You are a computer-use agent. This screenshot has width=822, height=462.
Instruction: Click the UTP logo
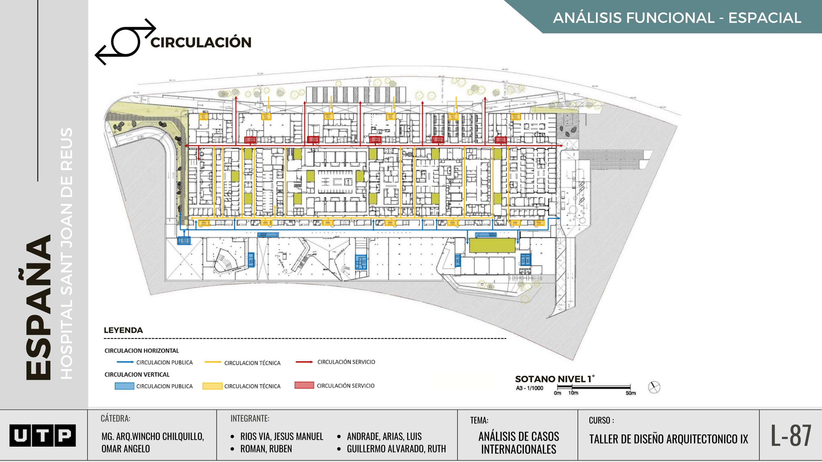(x=42, y=435)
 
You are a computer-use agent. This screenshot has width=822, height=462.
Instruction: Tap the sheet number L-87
(x=791, y=435)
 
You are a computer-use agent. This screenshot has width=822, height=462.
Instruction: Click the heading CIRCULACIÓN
(x=201, y=42)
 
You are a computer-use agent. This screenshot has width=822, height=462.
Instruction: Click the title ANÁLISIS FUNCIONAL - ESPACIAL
(x=677, y=18)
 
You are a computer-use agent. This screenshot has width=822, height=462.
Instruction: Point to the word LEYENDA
(x=123, y=330)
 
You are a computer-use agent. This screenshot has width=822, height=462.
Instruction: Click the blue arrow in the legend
(x=125, y=362)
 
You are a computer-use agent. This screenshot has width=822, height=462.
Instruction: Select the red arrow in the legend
(x=304, y=362)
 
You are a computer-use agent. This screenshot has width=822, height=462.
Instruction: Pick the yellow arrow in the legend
(x=213, y=362)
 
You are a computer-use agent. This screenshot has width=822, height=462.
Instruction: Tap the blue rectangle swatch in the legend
(x=124, y=386)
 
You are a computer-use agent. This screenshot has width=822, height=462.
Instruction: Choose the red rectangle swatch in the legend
(x=304, y=385)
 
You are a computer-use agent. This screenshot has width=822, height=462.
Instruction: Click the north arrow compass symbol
(x=654, y=387)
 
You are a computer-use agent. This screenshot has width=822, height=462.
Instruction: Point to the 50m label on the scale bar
(x=630, y=393)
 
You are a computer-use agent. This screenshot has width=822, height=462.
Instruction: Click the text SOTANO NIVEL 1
(x=555, y=379)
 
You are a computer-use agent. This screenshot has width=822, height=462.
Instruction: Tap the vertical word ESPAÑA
(x=38, y=308)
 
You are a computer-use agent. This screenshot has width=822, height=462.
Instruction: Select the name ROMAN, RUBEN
(x=266, y=449)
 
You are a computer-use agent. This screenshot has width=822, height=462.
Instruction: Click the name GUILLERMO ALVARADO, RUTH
(x=396, y=449)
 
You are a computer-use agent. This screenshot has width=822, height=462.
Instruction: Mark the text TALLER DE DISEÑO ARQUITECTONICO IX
(x=669, y=439)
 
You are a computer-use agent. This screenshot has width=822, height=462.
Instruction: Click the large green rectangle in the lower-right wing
(x=492, y=245)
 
